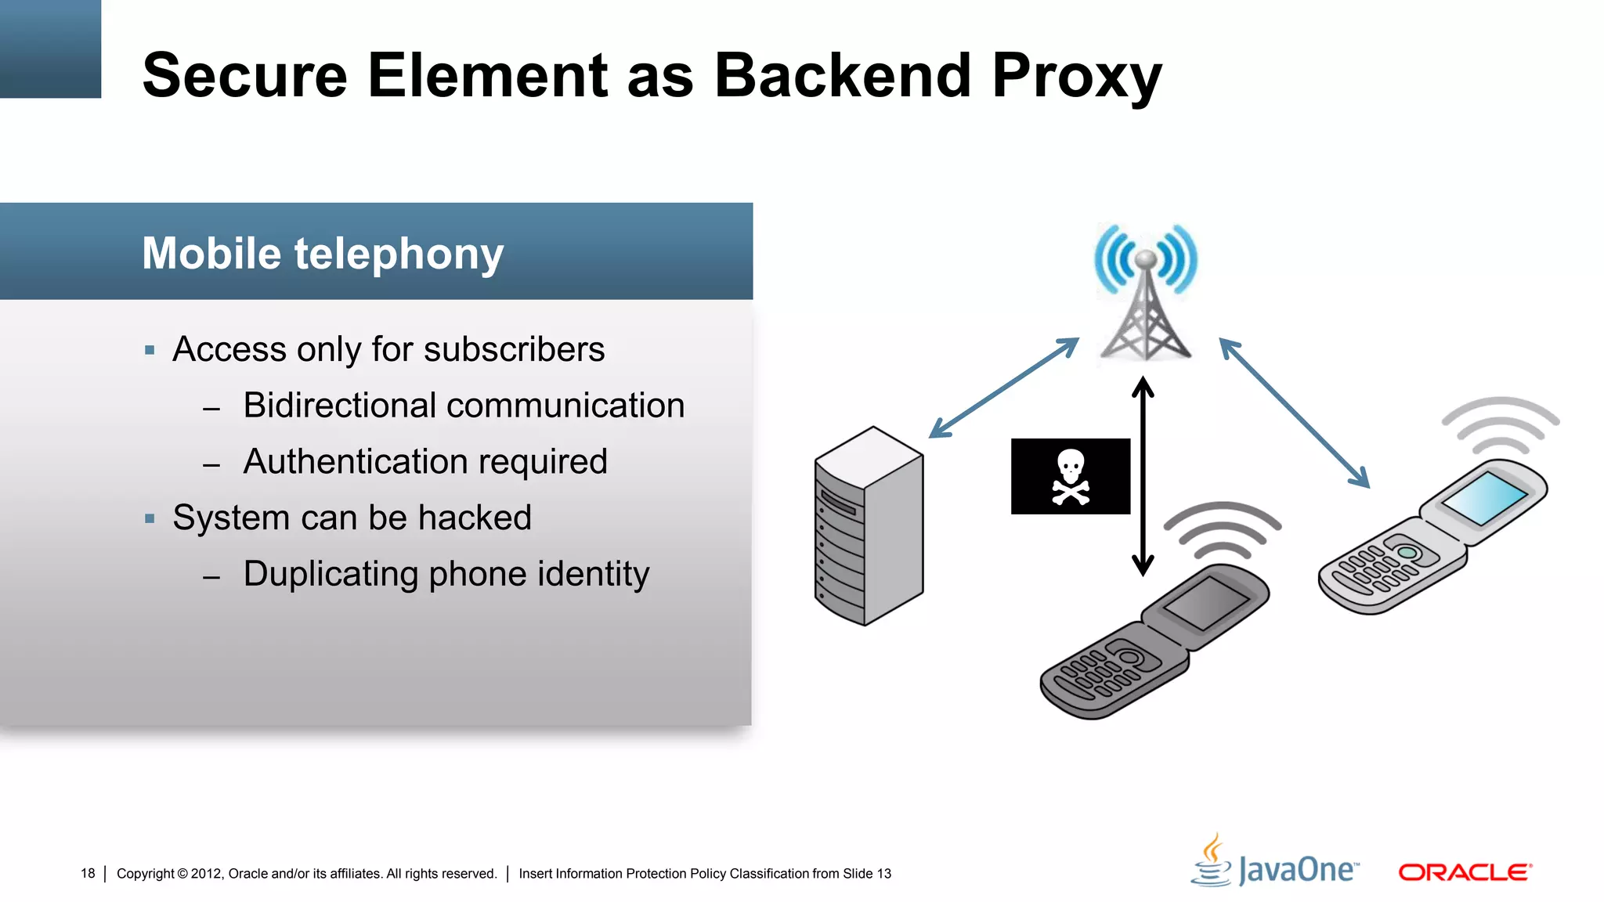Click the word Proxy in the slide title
pyautogui.click(x=1076, y=76)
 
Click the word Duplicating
pyautogui.click(x=331, y=574)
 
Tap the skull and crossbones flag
pyautogui.click(x=1070, y=476)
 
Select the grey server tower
pyautogui.click(x=869, y=526)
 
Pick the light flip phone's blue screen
pyautogui.click(x=1484, y=498)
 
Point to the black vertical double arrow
pyautogui.click(x=1143, y=476)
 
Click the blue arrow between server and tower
pyautogui.click(x=1003, y=388)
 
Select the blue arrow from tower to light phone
pyautogui.click(x=1294, y=413)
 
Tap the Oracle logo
pyautogui.click(x=1465, y=872)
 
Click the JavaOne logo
pyautogui.click(x=1277, y=864)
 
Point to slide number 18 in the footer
pyautogui.click(x=88, y=873)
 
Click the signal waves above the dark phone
pyautogui.click(x=1222, y=529)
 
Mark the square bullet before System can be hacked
pyautogui.click(x=150, y=518)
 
